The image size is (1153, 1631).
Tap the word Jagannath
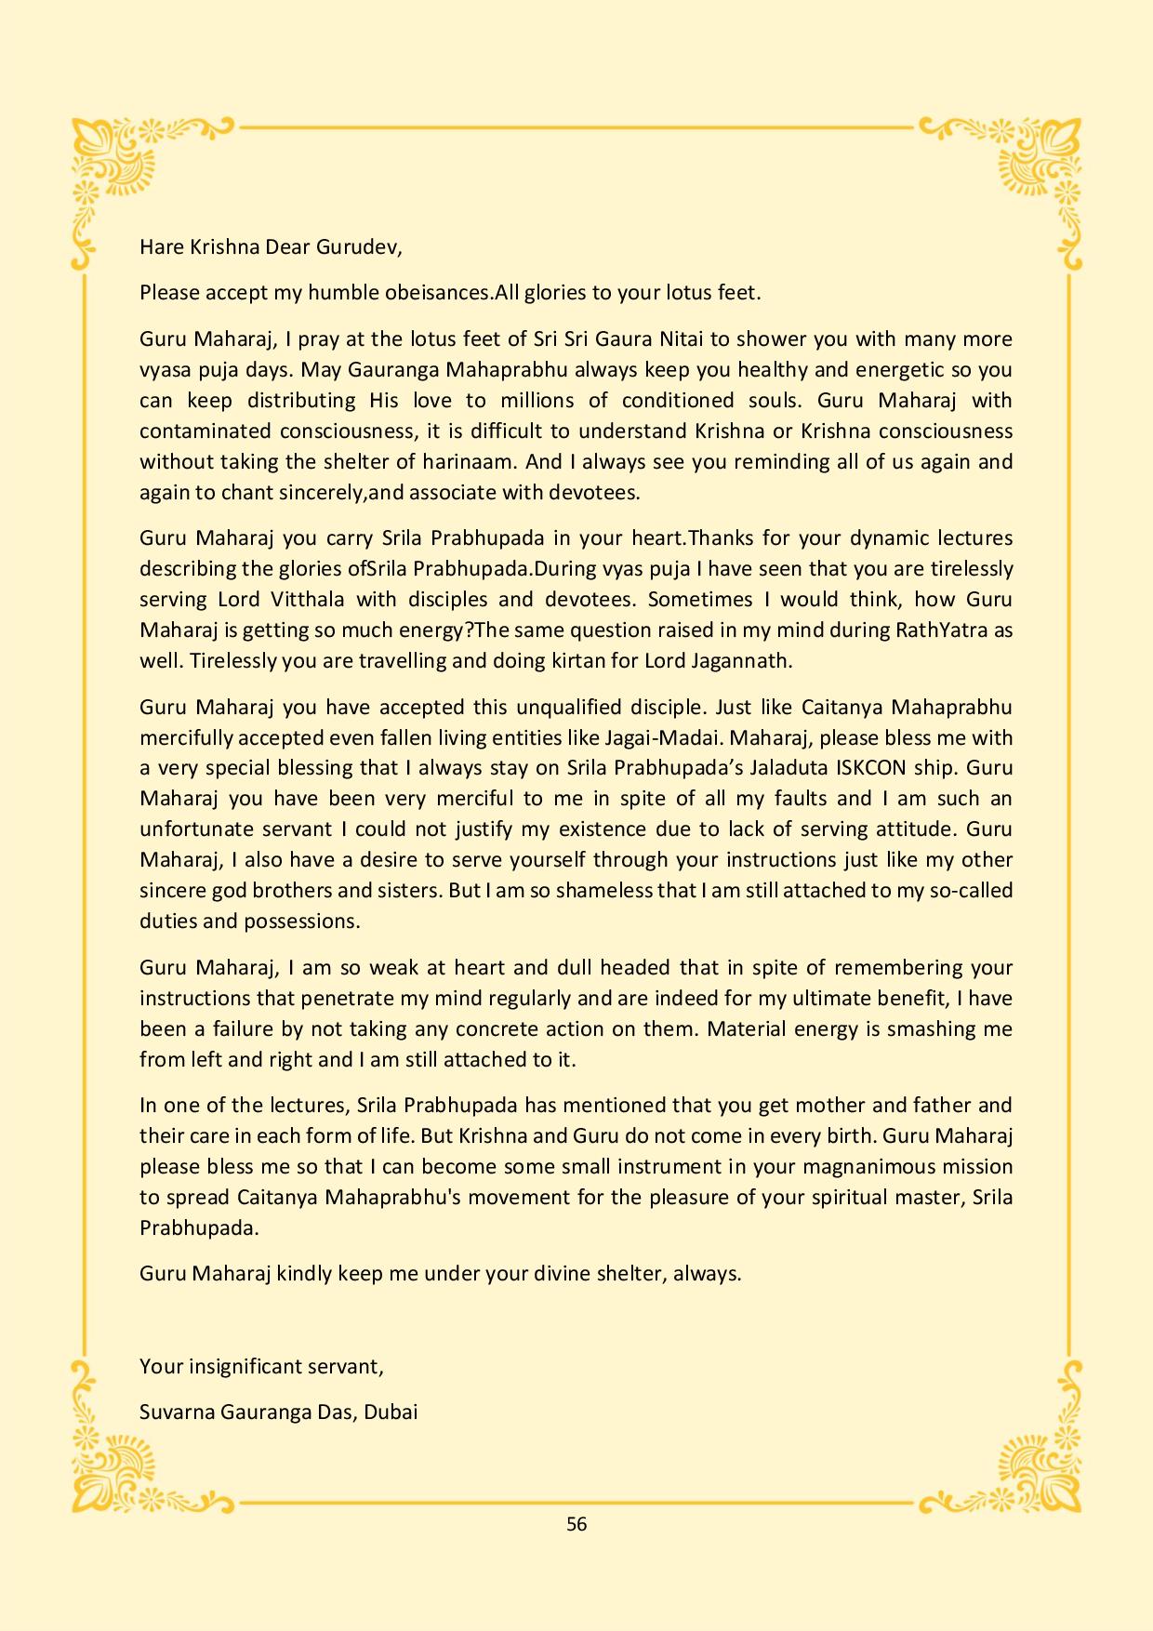pyautogui.click(x=746, y=660)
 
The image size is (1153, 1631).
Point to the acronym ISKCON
pyautogui.click(x=905, y=768)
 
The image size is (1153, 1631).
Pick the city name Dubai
pyautogui.click(x=391, y=1412)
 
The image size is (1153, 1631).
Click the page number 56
pyautogui.click(x=576, y=1524)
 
